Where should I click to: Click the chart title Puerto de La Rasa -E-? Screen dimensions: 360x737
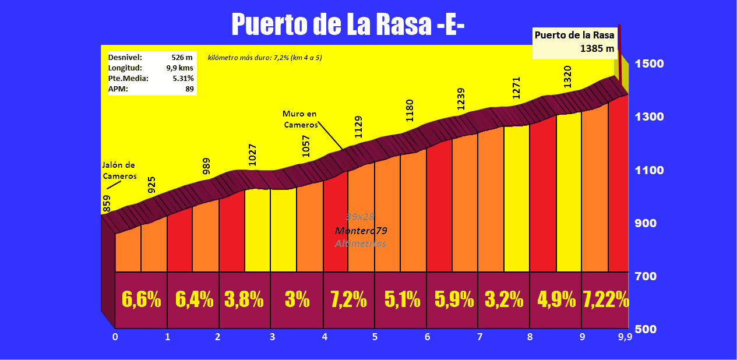(x=348, y=25)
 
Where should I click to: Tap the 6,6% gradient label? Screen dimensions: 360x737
(x=141, y=299)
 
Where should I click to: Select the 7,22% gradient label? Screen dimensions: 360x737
(x=606, y=299)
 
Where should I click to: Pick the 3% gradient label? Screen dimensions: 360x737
(x=297, y=299)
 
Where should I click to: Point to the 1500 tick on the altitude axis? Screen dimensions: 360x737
(x=649, y=63)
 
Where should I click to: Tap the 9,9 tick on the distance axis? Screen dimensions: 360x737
(x=625, y=337)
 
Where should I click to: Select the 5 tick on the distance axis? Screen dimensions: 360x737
(x=375, y=337)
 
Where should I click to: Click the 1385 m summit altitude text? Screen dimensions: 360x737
(x=597, y=49)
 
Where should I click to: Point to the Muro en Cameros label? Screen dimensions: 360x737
(x=300, y=119)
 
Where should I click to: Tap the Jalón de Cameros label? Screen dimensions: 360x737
(x=119, y=171)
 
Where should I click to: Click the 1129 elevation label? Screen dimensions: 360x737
(x=358, y=127)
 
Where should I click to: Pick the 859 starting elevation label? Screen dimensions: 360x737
(x=107, y=203)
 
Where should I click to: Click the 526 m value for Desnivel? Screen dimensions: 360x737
(x=182, y=58)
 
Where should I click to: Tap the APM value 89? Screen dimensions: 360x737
(x=189, y=89)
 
